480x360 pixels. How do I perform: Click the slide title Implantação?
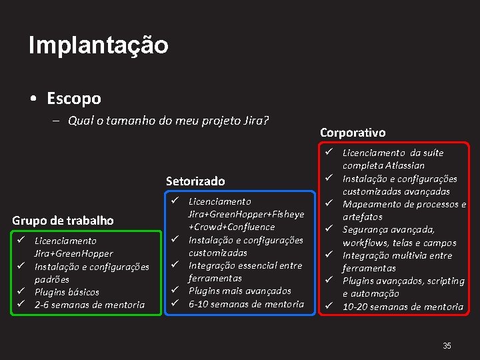pyautogui.click(x=99, y=45)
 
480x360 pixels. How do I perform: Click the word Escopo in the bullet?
pyautogui.click(x=74, y=99)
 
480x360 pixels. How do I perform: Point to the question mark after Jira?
pyautogui.click(x=266, y=121)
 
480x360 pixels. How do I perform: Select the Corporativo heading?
pyautogui.click(x=353, y=133)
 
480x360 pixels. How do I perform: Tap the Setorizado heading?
pyautogui.click(x=195, y=181)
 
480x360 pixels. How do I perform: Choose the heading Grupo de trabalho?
pyautogui.click(x=63, y=220)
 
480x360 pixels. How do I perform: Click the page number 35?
pyautogui.click(x=447, y=345)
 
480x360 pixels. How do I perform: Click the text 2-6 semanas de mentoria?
pyautogui.click(x=89, y=305)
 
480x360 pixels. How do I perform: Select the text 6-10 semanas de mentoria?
pyautogui.click(x=246, y=304)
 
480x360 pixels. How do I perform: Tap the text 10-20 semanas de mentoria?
pyautogui.click(x=403, y=307)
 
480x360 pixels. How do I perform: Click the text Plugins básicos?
pyautogui.click(x=67, y=292)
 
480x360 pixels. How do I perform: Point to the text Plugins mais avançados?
pyautogui.click(x=240, y=291)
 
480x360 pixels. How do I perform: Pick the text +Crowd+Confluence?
pyautogui.click(x=231, y=227)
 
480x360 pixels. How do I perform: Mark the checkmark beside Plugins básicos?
pyautogui.click(x=21, y=291)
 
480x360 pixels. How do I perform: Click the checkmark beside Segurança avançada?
pyautogui.click(x=329, y=229)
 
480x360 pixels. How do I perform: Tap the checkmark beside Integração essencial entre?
pyautogui.click(x=175, y=265)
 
